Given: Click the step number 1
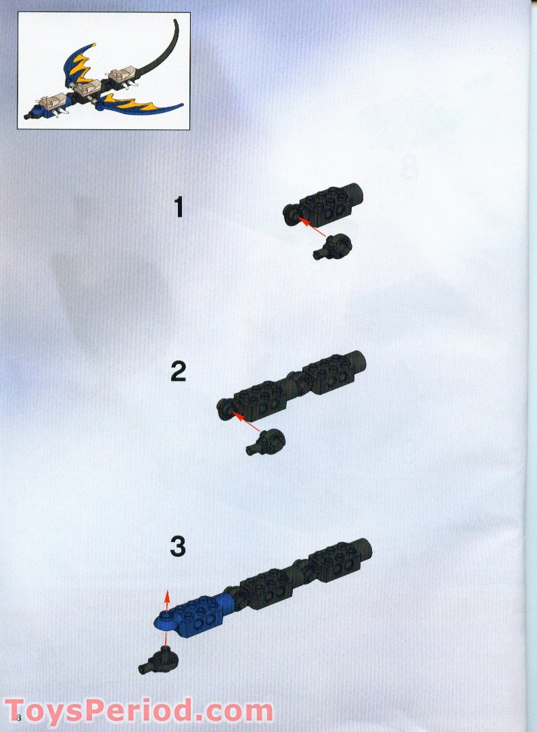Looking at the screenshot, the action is coord(179,207).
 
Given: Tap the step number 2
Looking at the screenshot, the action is coord(179,371).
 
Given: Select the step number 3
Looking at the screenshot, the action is coord(178,545).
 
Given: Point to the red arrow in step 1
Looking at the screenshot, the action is coord(312,227).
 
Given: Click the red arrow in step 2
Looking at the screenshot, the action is coord(246,421).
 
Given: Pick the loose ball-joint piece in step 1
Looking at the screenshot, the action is coord(331,246).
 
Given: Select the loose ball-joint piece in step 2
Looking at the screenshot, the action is coord(265,442).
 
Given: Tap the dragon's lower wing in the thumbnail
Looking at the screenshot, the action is coord(140,106).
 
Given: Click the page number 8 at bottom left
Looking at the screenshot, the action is coord(19,717).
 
